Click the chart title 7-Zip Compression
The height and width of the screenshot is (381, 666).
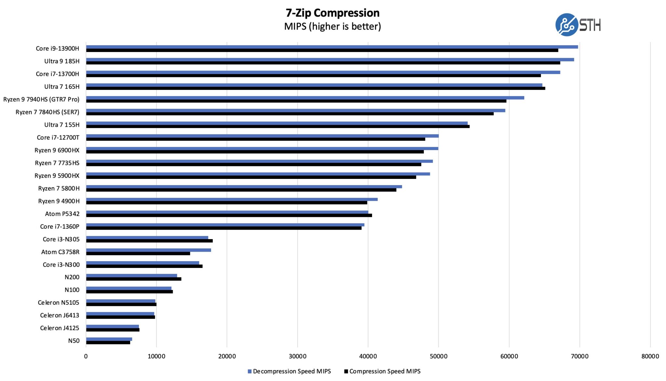[x=332, y=13]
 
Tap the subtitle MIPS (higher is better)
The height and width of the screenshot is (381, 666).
[x=332, y=26]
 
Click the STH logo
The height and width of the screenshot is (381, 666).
[x=578, y=25]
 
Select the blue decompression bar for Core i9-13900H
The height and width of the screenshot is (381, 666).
[x=332, y=47]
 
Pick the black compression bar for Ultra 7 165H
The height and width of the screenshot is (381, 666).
[x=315, y=88]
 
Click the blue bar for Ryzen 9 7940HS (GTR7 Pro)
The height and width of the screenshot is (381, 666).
[x=305, y=98]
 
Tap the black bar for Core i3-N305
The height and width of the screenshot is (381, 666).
[x=149, y=241]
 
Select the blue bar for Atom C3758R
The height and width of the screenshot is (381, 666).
[x=148, y=250]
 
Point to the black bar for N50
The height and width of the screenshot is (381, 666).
[x=108, y=342]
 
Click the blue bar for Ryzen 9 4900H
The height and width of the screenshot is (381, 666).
[x=232, y=199]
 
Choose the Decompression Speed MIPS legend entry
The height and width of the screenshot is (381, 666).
[x=289, y=371]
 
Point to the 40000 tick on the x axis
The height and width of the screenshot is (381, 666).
[x=368, y=356]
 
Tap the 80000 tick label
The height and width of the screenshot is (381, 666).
[x=650, y=356]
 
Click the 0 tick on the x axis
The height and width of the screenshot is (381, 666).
[x=86, y=356]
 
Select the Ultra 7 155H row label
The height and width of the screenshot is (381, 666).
[x=62, y=125]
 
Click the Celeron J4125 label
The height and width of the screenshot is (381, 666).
[x=60, y=328]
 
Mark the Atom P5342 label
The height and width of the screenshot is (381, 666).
[x=62, y=214]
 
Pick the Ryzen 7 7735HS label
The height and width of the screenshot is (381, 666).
[x=57, y=163]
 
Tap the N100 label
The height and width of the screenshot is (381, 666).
[x=72, y=290]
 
